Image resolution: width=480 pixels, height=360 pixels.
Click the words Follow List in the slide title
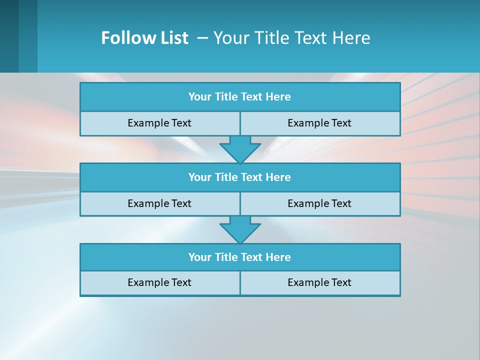point(144,38)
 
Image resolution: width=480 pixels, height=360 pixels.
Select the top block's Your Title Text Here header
point(239,97)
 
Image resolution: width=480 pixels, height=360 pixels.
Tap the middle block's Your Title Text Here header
point(239,177)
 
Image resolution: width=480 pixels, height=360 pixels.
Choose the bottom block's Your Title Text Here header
point(239,257)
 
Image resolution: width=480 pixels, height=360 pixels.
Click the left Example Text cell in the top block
point(159,123)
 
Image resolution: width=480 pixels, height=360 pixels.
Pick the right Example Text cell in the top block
point(319,123)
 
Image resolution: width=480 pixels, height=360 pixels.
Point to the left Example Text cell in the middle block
point(159,203)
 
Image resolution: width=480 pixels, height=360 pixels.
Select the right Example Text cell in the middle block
point(319,203)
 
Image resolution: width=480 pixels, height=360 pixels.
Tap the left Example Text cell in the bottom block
point(159,282)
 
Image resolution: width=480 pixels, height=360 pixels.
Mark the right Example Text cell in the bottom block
point(319,282)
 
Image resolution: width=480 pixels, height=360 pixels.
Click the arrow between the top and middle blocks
point(240,149)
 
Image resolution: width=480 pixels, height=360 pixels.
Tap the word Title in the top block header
point(225,97)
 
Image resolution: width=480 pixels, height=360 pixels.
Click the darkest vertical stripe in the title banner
point(9,36)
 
